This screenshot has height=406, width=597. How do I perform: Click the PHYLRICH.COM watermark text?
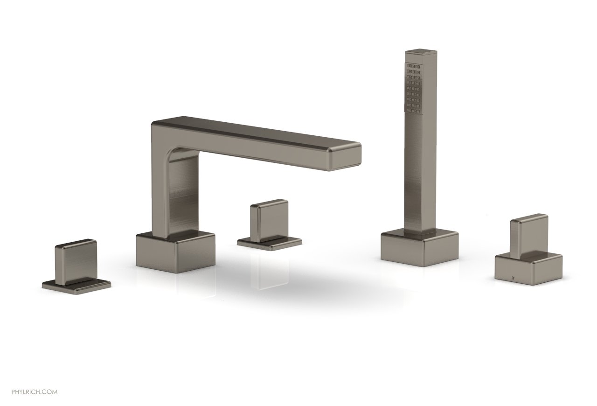coord(35,392)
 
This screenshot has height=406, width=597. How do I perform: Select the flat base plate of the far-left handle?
coord(76,285)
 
